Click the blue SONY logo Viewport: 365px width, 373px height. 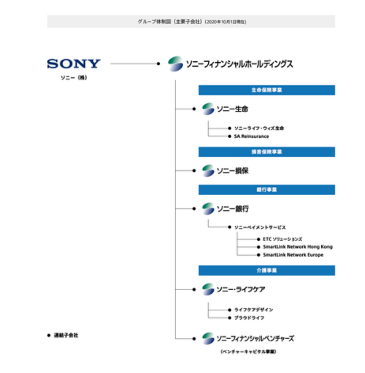pos(73,64)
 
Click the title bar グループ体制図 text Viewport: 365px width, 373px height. pos(190,22)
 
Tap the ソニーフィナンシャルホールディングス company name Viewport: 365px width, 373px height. pos(238,64)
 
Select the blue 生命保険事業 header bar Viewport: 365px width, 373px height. pos(266,90)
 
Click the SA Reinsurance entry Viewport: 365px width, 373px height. pos(252,136)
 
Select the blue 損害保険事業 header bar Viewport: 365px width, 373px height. pos(266,152)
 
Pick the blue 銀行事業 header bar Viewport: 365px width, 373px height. pos(266,189)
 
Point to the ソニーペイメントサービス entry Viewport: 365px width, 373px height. pos(260,227)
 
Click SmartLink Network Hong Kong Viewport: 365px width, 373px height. pos(297,246)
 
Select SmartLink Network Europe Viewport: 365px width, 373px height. pos(293,255)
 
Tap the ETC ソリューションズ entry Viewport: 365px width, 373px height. pos(282,238)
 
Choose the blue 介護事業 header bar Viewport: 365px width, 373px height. pos(266,270)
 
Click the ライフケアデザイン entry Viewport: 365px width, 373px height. pos(254,310)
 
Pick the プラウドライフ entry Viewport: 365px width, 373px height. pos(249,318)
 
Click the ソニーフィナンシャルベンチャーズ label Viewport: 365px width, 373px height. pos(255,338)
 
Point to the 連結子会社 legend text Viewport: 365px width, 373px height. pos(65,335)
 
